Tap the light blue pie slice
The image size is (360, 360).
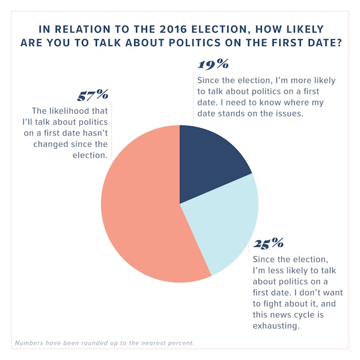click(x=228, y=223)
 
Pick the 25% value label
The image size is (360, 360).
click(x=269, y=244)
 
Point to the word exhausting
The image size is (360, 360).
click(x=278, y=326)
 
